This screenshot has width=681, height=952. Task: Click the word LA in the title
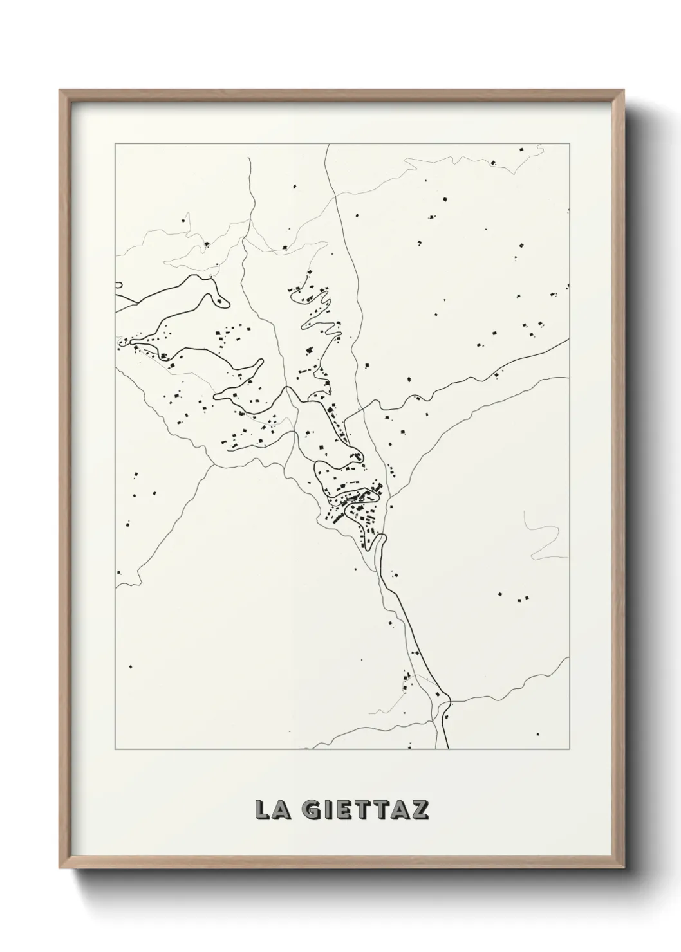273,810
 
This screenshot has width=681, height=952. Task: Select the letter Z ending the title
420,810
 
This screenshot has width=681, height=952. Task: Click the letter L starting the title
263,810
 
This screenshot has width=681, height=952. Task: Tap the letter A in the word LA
282,810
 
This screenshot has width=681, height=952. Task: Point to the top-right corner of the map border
569,144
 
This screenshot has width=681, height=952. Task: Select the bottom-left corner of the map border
115,750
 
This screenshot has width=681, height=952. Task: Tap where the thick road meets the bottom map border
447,749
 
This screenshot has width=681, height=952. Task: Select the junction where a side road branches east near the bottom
448,700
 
